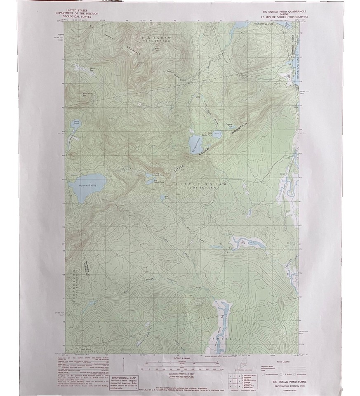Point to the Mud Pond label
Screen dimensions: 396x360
click(167, 196)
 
